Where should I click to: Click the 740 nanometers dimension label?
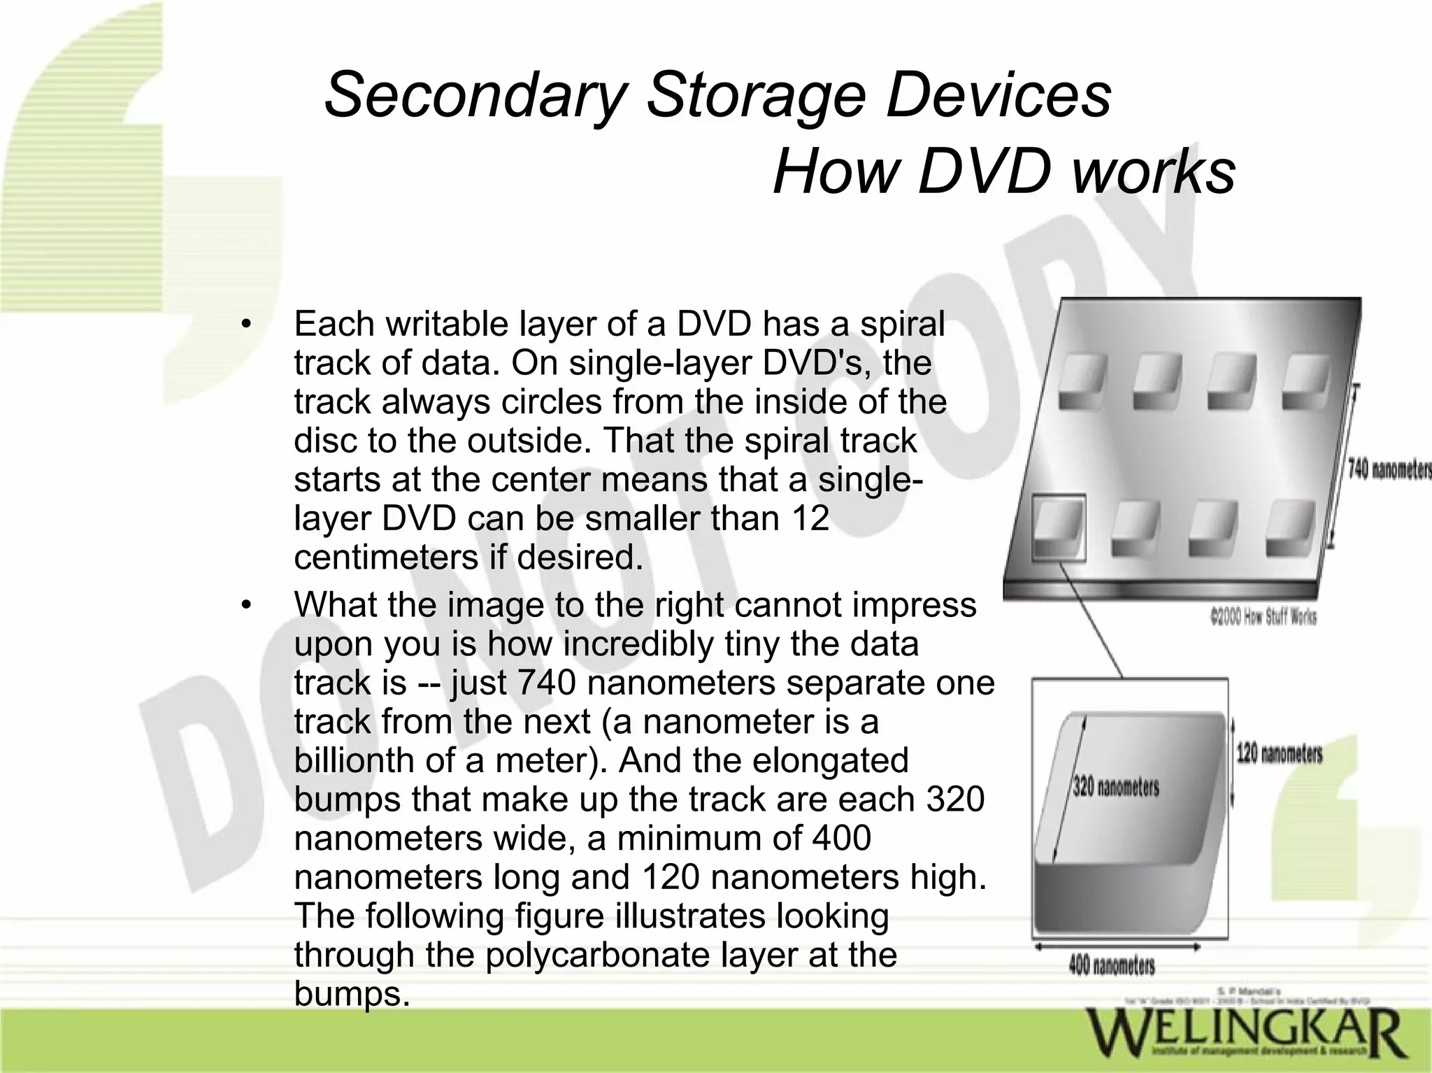(x=1388, y=469)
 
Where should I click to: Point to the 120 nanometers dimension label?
(x=1279, y=754)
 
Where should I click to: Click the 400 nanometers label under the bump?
(x=1111, y=966)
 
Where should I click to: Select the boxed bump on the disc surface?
(x=1059, y=527)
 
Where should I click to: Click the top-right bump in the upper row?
(x=1304, y=382)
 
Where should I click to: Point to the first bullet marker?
(x=245, y=325)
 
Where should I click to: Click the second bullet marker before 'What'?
(x=245, y=606)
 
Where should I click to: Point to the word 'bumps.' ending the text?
(x=351, y=993)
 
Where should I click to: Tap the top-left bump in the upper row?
(x=1082, y=382)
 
